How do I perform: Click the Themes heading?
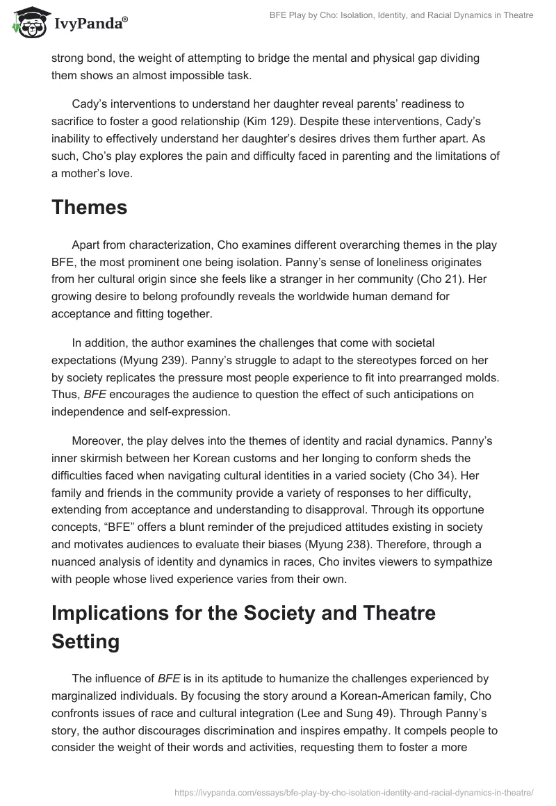[89, 208]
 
